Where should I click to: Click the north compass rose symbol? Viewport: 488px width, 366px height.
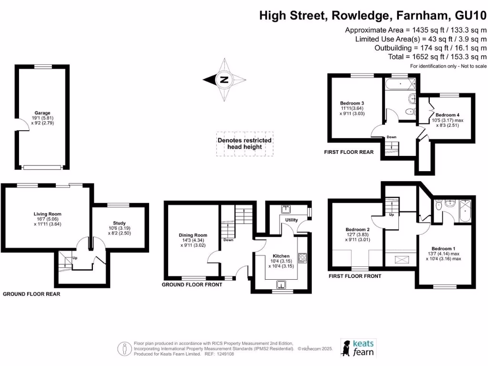223,80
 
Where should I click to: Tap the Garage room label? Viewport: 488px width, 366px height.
41,113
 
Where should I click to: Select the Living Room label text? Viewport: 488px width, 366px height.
47,214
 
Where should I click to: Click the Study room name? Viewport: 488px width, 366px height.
119,223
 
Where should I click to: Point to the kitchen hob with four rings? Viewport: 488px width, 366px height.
302,258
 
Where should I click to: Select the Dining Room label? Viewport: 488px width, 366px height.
193,235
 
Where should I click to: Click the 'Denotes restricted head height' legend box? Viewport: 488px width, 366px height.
244,143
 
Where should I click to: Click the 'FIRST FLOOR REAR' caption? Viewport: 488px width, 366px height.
350,152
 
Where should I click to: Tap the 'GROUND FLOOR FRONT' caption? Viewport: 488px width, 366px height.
192,285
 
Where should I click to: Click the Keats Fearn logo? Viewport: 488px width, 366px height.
358,347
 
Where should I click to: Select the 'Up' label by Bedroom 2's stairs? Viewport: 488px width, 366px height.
392,214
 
